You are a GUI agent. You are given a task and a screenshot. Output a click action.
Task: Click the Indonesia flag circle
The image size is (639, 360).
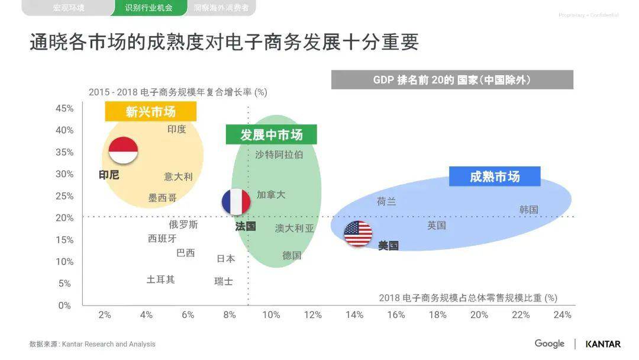[x=123, y=150]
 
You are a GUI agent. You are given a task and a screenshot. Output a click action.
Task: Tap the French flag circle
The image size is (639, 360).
[x=236, y=202]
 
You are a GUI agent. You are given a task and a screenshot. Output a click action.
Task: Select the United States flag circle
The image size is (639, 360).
[x=358, y=233]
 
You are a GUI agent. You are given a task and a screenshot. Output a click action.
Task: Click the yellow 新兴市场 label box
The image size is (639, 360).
[x=150, y=111]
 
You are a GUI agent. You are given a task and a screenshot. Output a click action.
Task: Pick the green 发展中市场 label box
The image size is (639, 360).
[x=271, y=134]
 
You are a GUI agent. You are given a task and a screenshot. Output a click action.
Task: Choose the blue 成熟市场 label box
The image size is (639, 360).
[x=495, y=176]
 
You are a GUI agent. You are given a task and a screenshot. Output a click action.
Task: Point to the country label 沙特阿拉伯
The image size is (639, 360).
[x=279, y=155]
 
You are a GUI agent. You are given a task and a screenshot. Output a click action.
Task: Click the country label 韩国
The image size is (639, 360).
[x=529, y=210]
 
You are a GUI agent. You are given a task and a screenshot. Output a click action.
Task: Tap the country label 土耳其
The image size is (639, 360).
[x=161, y=279]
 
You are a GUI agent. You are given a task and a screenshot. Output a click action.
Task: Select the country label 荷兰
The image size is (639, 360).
[x=386, y=202]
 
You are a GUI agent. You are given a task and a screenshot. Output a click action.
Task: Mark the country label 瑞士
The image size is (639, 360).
[x=224, y=282]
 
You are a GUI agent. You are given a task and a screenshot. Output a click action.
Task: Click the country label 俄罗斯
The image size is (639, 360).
[x=183, y=225]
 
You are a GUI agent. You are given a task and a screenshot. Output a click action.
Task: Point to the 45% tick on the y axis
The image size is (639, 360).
[x=64, y=108]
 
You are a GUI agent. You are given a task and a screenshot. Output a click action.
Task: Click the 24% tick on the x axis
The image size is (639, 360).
[x=562, y=315]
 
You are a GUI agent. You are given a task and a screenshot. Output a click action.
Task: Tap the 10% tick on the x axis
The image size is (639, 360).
[x=271, y=315]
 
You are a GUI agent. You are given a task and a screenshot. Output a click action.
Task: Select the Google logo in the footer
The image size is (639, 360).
[x=550, y=343]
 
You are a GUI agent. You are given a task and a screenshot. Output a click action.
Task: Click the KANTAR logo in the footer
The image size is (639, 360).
[x=603, y=344]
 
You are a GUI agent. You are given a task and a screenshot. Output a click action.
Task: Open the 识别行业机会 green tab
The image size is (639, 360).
[x=149, y=8]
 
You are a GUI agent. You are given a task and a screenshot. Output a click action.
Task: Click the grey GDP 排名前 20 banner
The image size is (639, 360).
[x=452, y=80]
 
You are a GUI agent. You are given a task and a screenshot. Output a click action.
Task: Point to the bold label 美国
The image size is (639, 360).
[x=388, y=246]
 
